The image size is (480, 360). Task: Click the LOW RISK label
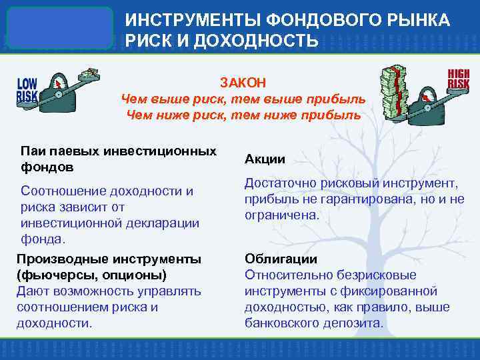pos(27,90)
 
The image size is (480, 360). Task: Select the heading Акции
pos(265,159)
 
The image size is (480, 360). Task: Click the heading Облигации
pos(271,259)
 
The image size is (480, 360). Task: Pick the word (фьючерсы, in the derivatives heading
pos(49,275)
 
